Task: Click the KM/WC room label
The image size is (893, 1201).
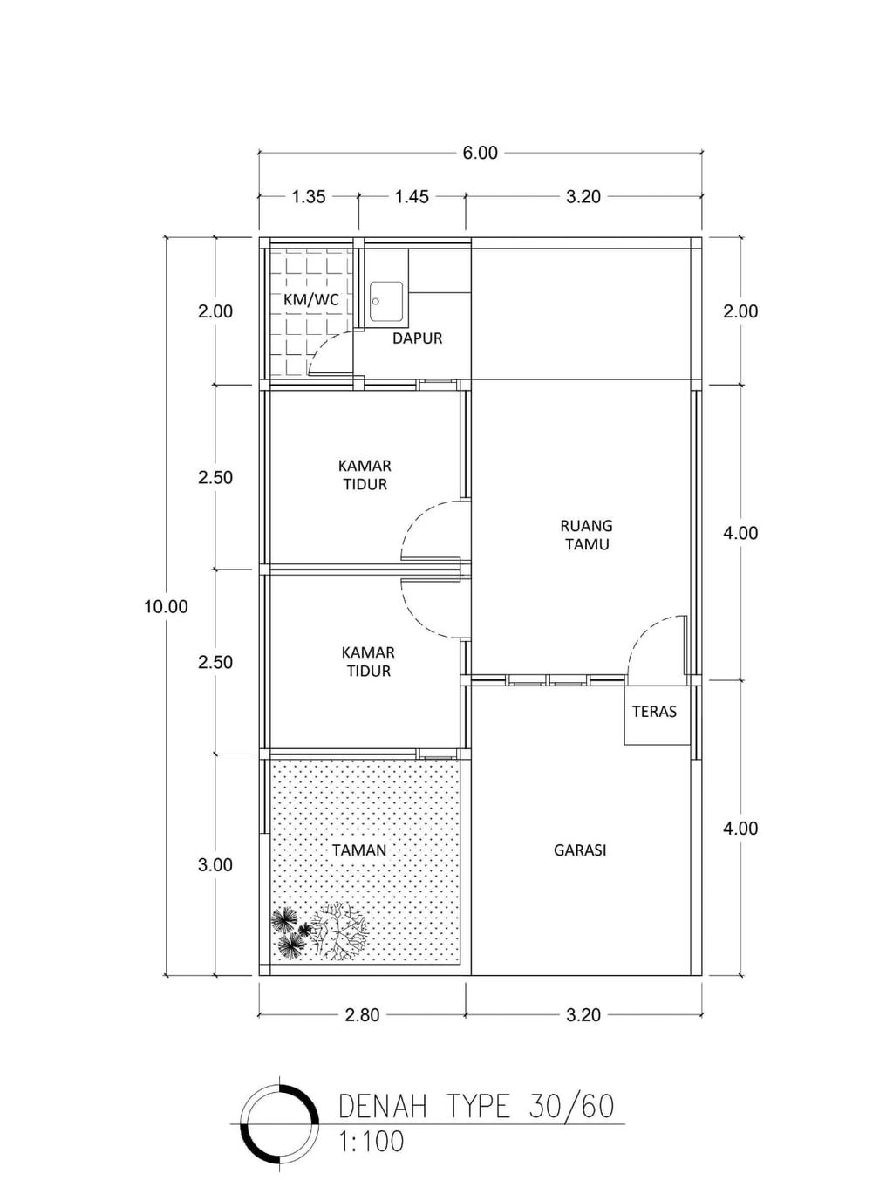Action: tap(311, 299)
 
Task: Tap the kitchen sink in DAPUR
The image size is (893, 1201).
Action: tap(386, 302)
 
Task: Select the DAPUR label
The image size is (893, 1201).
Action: tap(417, 338)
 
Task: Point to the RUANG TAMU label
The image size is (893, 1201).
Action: tap(587, 535)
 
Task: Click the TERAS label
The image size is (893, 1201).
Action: tap(654, 712)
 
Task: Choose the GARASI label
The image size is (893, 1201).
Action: tap(579, 850)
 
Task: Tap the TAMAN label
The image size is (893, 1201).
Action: tap(359, 850)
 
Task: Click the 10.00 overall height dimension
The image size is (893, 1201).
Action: tap(166, 606)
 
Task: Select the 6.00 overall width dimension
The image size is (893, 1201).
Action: tap(480, 154)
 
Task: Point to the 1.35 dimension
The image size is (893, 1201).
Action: tap(309, 196)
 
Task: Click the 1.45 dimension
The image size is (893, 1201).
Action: tap(412, 196)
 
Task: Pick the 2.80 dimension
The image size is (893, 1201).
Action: tap(362, 1014)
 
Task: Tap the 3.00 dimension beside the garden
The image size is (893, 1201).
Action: tap(215, 864)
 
